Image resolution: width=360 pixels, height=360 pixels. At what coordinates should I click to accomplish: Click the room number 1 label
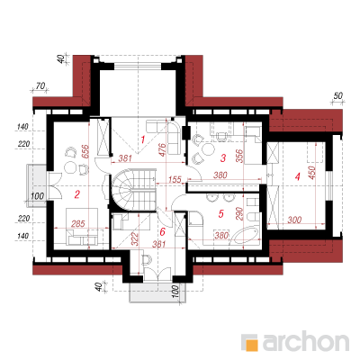pyautogui.click(x=143, y=139)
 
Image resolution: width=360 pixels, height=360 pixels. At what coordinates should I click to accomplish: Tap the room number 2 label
pyautogui.click(x=77, y=195)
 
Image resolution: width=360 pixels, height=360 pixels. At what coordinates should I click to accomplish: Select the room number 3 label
pyautogui.click(x=223, y=158)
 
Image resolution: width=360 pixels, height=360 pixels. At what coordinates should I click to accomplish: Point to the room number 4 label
pyautogui.click(x=297, y=176)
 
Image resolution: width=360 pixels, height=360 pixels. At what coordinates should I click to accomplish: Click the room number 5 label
pyautogui.click(x=221, y=213)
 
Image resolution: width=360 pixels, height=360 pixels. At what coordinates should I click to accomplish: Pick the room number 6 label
pyautogui.click(x=163, y=231)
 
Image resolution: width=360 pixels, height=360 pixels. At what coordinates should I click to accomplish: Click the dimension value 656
pyautogui.click(x=85, y=152)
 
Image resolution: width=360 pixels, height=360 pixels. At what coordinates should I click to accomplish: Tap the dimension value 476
pyautogui.click(x=162, y=150)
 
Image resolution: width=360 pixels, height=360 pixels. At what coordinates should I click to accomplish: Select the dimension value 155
pyautogui.click(x=175, y=179)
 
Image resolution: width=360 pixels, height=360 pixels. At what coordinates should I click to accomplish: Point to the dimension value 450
pyautogui.click(x=312, y=173)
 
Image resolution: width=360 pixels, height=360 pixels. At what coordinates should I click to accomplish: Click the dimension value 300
pyautogui.click(x=294, y=220)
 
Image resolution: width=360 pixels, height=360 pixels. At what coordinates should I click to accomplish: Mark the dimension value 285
pyautogui.click(x=78, y=224)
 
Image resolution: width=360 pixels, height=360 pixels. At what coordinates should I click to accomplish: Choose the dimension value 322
pyautogui.click(x=135, y=239)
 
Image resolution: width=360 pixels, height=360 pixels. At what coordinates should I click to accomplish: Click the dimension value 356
pyautogui.click(x=239, y=156)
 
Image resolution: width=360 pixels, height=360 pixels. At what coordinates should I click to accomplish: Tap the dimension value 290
pyautogui.click(x=239, y=213)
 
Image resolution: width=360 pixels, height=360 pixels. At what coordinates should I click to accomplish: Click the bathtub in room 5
pyautogui.click(x=246, y=235)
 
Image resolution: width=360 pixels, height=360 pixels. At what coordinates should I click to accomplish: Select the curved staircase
pyautogui.click(x=134, y=190)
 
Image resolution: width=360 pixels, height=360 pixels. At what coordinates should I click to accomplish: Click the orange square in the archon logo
pyautogui.click(x=251, y=345)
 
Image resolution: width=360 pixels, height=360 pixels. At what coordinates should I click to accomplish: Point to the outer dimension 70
pyautogui.click(x=40, y=86)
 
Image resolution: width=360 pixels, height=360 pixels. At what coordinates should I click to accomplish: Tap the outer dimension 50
pyautogui.click(x=337, y=96)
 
